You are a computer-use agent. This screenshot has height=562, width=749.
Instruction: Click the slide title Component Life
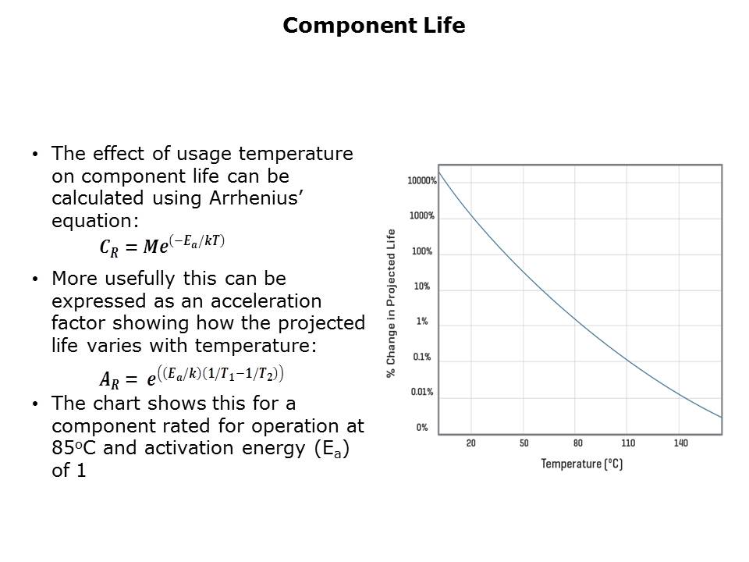(374, 27)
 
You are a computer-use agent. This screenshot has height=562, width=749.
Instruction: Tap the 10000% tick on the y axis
(421, 181)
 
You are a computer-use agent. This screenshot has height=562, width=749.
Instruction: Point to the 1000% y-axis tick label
(422, 216)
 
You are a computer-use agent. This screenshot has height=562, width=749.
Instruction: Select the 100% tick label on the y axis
(422, 251)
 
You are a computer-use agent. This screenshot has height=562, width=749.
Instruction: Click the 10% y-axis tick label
(422, 286)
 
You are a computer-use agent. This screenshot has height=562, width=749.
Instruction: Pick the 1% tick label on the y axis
(422, 322)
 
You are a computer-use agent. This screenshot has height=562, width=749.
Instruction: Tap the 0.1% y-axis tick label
(422, 357)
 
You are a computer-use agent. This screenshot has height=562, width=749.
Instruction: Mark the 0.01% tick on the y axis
(422, 392)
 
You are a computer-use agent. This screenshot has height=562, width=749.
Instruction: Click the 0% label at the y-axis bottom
(422, 427)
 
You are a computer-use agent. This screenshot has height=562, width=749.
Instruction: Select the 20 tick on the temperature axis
(471, 443)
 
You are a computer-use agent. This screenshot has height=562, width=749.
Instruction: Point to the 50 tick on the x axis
(524, 443)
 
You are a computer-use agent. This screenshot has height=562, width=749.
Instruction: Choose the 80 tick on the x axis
(577, 443)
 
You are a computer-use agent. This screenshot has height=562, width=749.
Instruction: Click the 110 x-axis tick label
(628, 443)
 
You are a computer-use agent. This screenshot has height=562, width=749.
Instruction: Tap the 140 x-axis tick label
(680, 443)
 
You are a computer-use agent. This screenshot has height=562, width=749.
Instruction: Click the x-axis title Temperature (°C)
(582, 464)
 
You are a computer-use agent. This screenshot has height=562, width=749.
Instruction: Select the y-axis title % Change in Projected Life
(392, 304)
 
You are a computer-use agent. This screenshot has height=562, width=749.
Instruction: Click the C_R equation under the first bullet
(162, 245)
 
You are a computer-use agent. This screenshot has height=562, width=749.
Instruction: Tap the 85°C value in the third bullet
(76, 448)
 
